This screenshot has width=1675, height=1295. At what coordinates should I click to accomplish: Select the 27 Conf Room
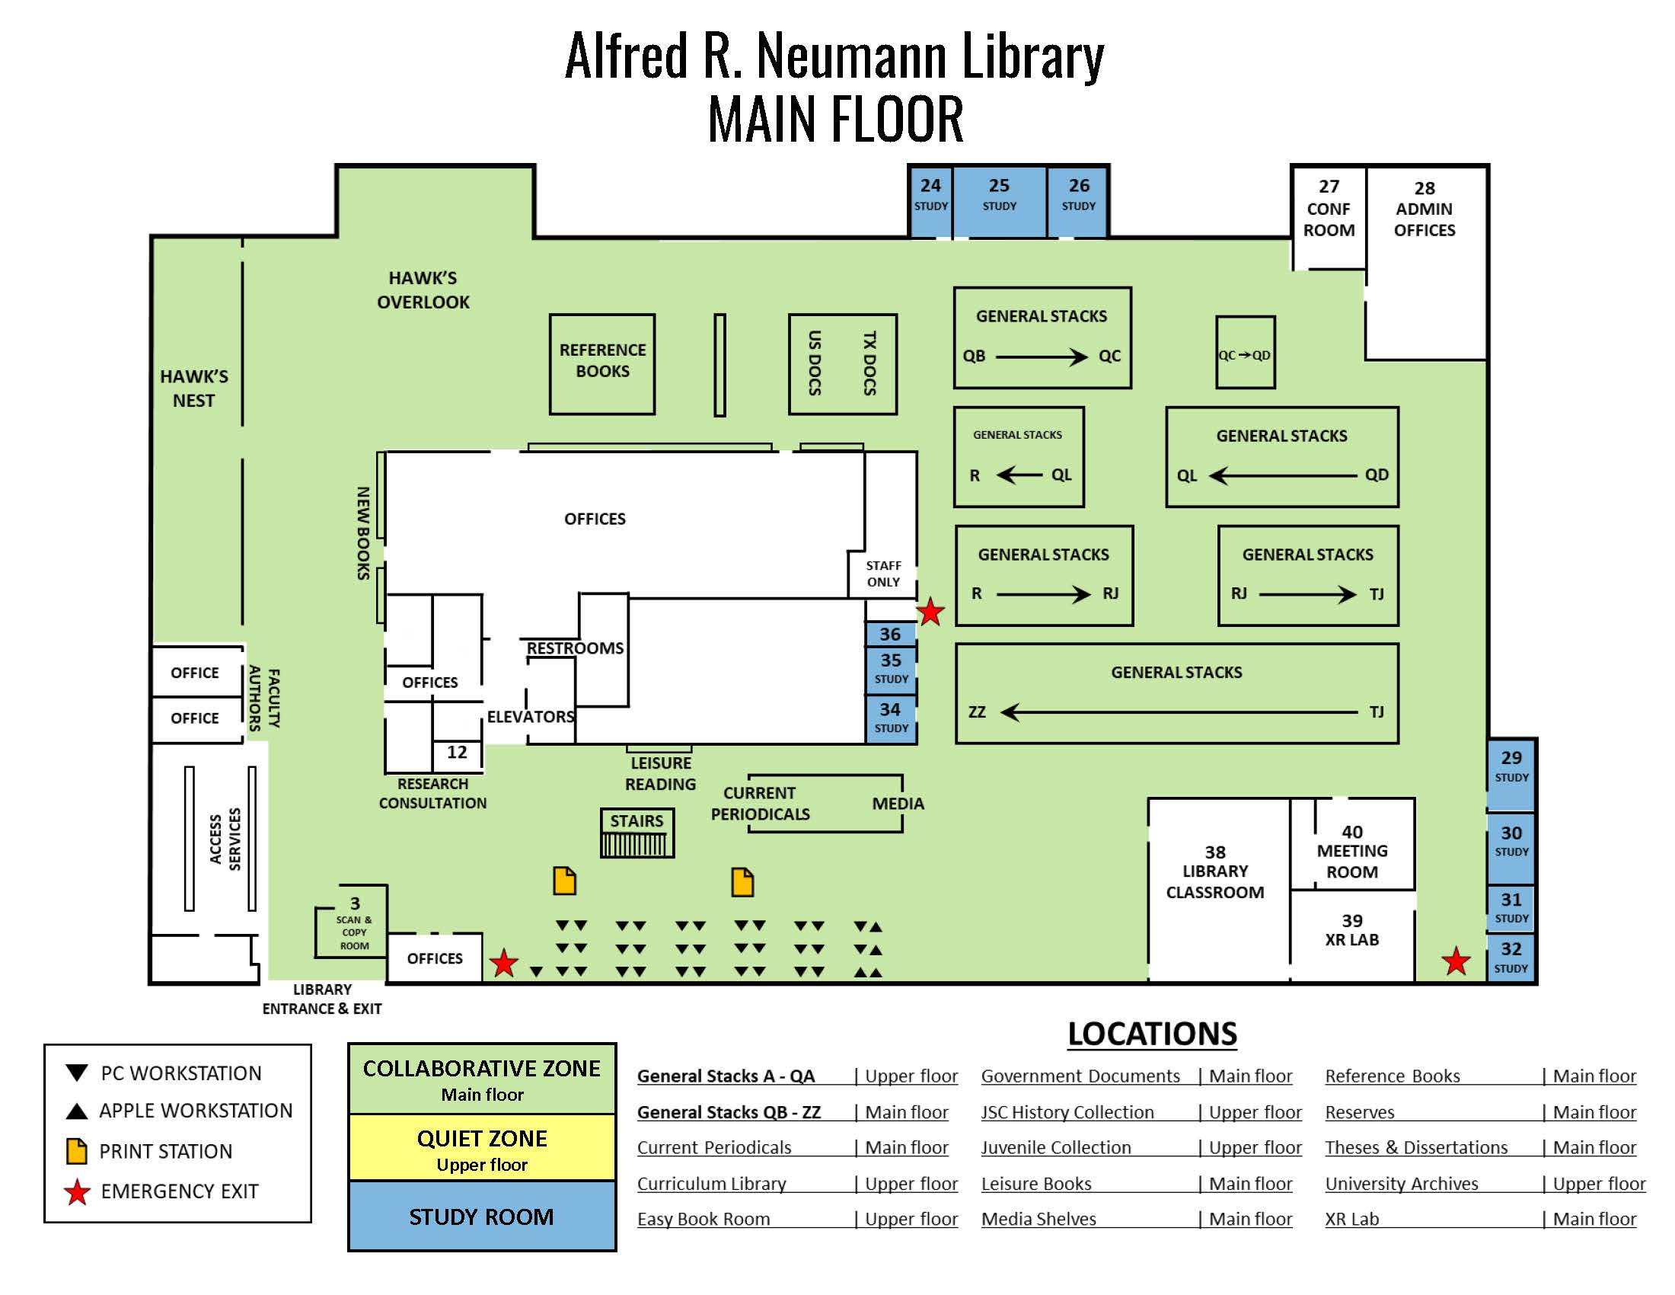point(1329,217)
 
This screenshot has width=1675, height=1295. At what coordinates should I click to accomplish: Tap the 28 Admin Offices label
point(1425,209)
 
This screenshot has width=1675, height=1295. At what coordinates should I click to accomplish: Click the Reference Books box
point(602,364)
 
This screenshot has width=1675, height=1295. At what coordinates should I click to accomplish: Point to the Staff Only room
point(882,574)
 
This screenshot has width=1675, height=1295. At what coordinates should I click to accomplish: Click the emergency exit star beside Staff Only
point(930,612)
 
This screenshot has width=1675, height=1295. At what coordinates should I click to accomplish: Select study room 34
point(891,719)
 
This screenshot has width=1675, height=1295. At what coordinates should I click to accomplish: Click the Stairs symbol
point(636,833)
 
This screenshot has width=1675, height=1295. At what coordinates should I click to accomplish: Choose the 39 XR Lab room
point(1352,935)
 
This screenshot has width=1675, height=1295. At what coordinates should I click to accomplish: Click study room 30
point(1511,848)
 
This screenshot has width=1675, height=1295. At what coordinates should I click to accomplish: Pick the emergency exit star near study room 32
point(1456,961)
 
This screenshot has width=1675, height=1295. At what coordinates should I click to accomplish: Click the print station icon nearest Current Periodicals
point(742,881)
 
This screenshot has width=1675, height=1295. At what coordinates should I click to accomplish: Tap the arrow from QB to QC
point(1041,357)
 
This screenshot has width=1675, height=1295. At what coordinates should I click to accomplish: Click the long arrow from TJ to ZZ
point(1179,713)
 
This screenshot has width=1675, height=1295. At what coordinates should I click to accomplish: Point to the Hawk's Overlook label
point(423,290)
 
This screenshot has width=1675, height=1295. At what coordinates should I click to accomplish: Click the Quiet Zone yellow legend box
point(482,1148)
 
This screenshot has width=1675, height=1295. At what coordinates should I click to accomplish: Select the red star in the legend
point(77,1191)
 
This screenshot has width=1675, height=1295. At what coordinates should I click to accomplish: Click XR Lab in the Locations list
point(1351,1219)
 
